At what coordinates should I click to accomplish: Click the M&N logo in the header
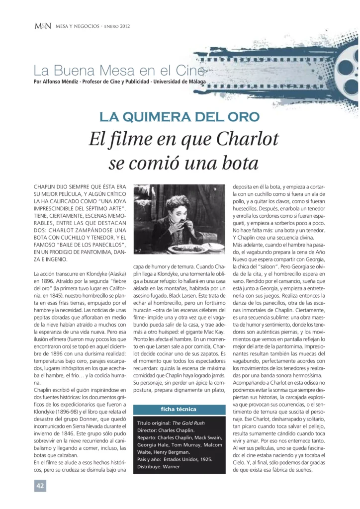point(42,26)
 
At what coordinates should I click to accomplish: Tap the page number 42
point(40,485)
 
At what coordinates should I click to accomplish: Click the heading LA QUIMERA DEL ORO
point(180,117)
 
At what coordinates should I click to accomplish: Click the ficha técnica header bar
point(179,409)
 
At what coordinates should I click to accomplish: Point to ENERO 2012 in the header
point(117,26)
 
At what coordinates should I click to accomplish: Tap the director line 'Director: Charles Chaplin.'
point(168,430)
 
